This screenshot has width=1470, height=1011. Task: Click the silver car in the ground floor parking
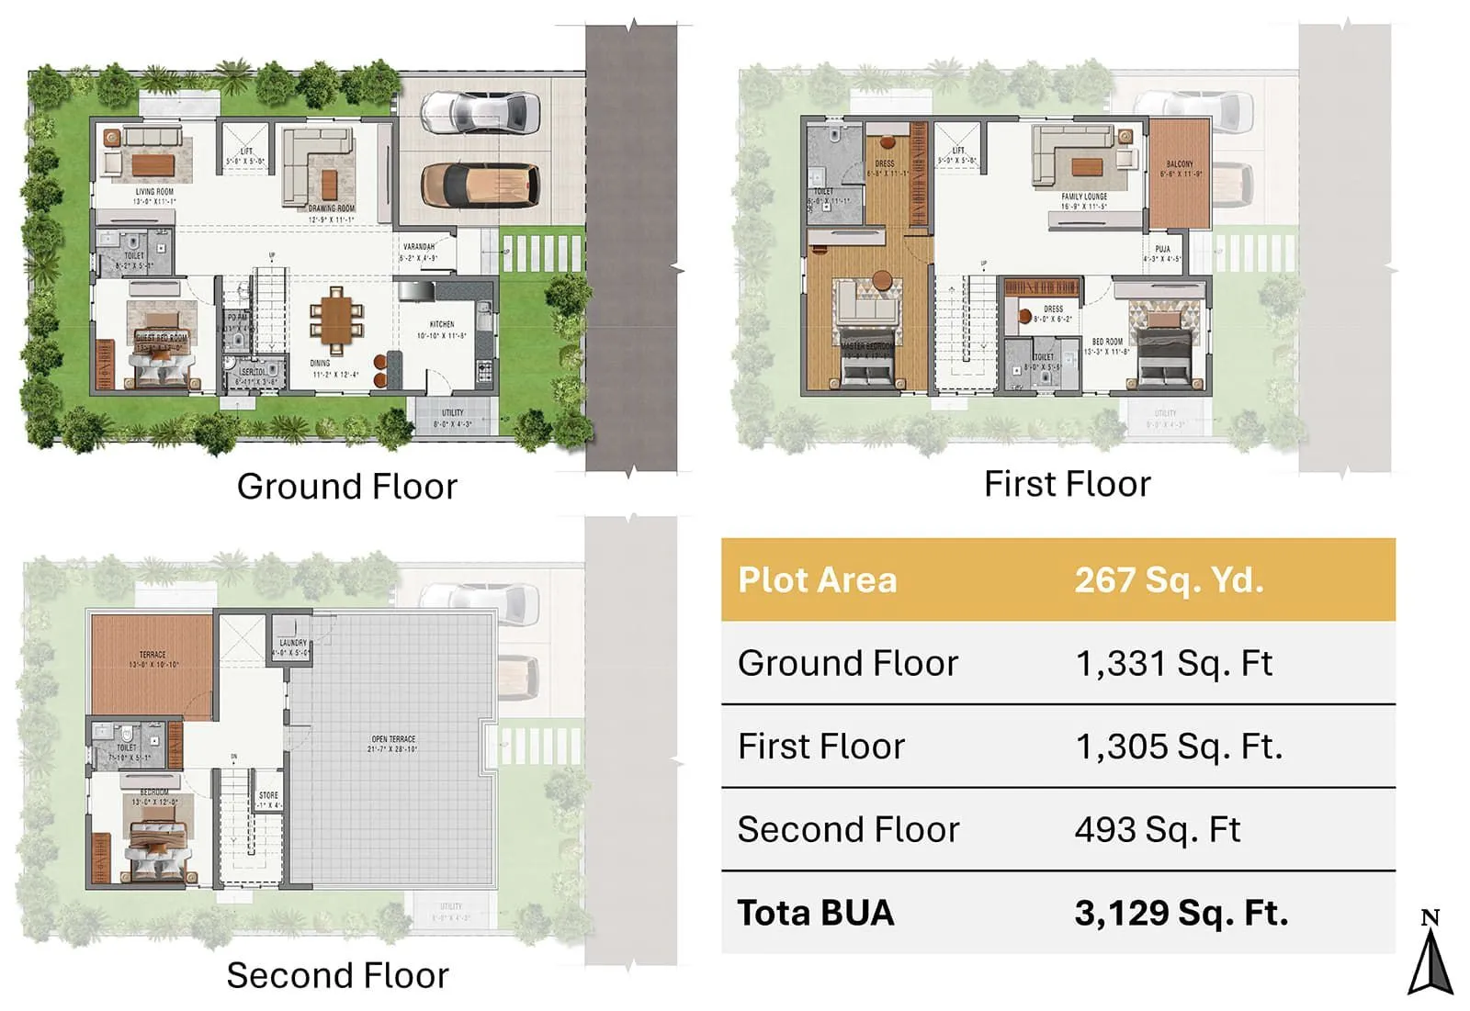pyautogui.click(x=480, y=112)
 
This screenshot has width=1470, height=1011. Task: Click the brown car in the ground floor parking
pyautogui.click(x=480, y=184)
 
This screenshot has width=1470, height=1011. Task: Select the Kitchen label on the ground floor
pyautogui.click(x=442, y=324)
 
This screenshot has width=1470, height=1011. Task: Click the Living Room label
pyautogui.click(x=154, y=192)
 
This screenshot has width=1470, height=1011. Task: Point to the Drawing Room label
pyautogui.click(x=332, y=208)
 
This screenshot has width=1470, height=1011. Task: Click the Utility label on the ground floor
pyautogui.click(x=452, y=413)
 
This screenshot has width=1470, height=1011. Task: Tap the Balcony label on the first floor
pyautogui.click(x=1180, y=164)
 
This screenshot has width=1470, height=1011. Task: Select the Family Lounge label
pyautogui.click(x=1084, y=197)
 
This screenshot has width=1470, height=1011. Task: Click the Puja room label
pyautogui.click(x=1162, y=249)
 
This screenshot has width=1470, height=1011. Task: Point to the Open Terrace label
pyautogui.click(x=393, y=739)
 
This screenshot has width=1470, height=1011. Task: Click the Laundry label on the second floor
pyautogui.click(x=292, y=643)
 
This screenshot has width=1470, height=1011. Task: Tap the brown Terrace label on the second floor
pyautogui.click(x=153, y=655)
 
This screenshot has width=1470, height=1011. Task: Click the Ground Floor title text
pyautogui.click(x=346, y=487)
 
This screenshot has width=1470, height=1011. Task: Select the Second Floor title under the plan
pyautogui.click(x=337, y=975)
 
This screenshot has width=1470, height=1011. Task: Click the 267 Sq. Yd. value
pyautogui.click(x=1169, y=580)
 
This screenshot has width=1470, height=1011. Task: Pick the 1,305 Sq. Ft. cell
pyautogui.click(x=1178, y=747)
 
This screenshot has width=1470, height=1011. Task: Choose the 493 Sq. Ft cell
pyautogui.click(x=1157, y=829)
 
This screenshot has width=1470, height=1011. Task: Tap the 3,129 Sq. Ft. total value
pyautogui.click(x=1181, y=913)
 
